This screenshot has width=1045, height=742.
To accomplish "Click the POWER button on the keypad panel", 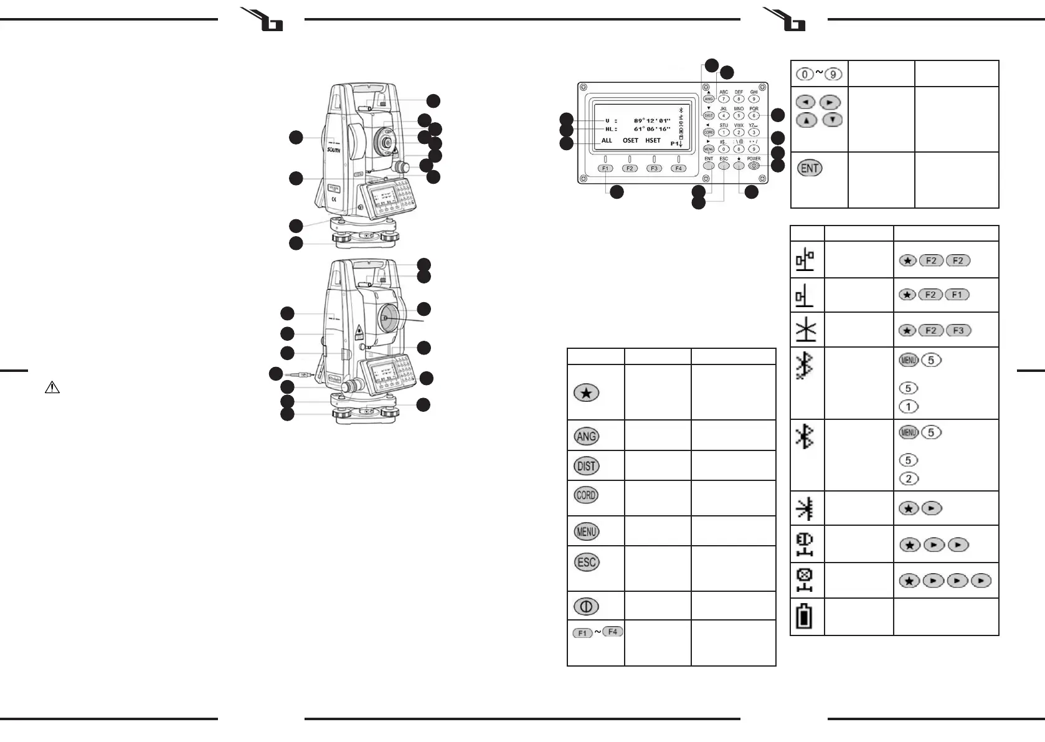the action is (x=754, y=166).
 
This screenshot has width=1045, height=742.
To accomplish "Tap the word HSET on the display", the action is (x=653, y=141).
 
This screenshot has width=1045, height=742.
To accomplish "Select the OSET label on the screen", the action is (x=630, y=141).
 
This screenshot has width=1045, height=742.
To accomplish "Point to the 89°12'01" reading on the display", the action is (x=652, y=121).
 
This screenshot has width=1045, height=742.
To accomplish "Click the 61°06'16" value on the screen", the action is (x=652, y=130).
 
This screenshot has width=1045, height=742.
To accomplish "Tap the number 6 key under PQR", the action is (x=754, y=116).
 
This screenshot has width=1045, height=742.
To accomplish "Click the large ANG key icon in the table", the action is (x=586, y=436).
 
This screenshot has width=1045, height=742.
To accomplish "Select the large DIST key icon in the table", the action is (x=586, y=466).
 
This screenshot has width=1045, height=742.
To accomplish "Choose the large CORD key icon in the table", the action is (x=586, y=496).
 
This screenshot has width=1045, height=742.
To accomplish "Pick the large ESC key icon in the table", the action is (x=586, y=563).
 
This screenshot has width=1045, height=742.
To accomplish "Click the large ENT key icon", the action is (x=810, y=168).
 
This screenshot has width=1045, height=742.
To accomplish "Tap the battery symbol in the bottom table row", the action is (x=805, y=617).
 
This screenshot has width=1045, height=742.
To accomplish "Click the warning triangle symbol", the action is (x=52, y=388).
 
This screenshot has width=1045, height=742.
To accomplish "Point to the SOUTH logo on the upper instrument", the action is (x=334, y=150).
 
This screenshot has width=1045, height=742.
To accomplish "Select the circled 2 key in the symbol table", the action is (x=909, y=478).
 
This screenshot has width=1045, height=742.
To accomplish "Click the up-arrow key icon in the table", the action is (x=806, y=120).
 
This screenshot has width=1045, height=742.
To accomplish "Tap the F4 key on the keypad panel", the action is (x=679, y=168).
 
